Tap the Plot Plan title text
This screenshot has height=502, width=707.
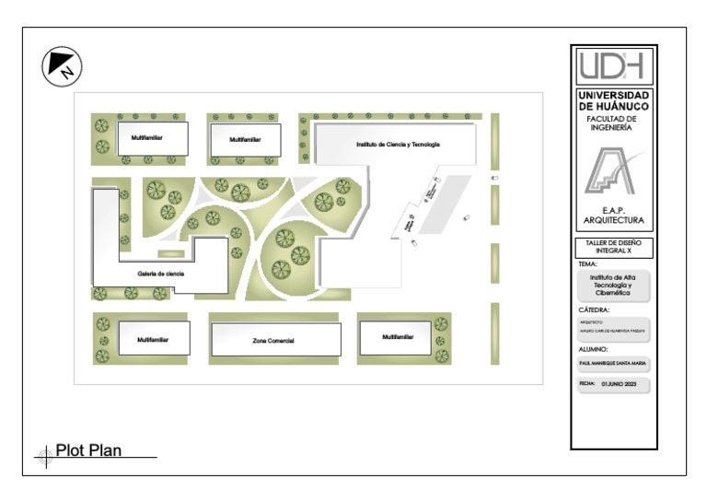tap(88, 450)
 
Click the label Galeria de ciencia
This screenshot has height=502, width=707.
tap(160, 274)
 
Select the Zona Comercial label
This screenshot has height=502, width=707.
tap(272, 341)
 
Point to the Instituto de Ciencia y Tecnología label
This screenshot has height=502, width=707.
tap(399, 145)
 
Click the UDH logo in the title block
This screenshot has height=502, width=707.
tap(614, 65)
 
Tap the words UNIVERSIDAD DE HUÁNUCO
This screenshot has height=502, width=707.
tap(614, 100)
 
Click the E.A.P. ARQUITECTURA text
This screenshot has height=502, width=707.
tap(614, 216)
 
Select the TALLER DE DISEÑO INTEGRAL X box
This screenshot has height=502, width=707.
tap(614, 247)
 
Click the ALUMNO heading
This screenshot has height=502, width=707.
tap(596, 350)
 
